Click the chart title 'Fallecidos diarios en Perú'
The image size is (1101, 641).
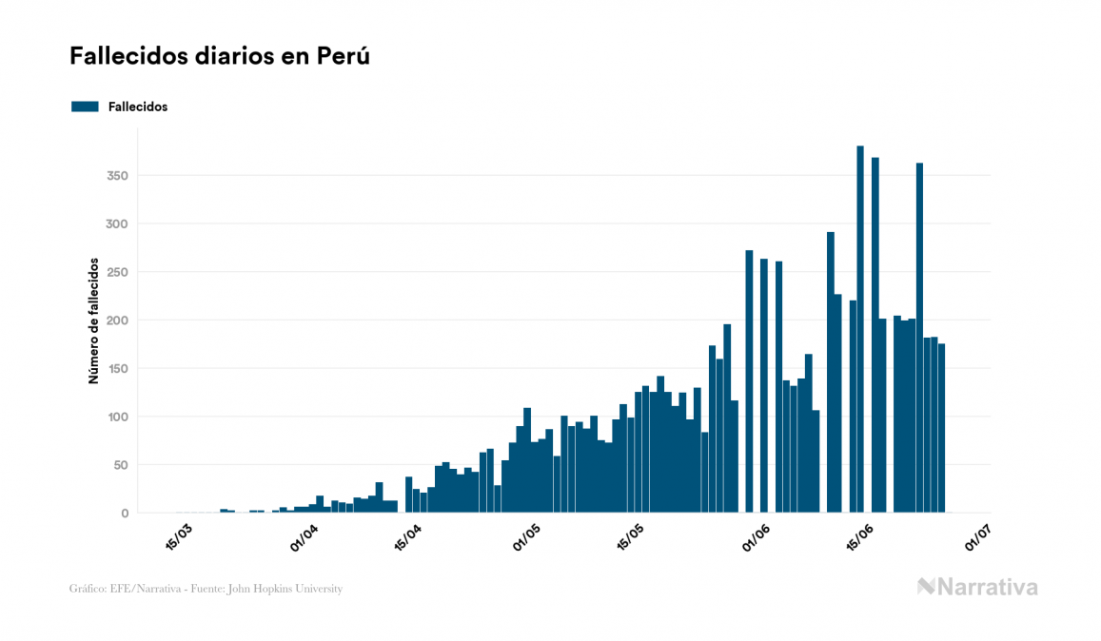click(x=220, y=56)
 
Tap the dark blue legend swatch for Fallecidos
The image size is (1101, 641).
click(x=85, y=107)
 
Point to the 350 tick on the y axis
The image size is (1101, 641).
click(x=118, y=176)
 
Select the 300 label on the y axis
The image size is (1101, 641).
click(x=118, y=224)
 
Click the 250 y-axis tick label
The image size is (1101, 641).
click(x=118, y=272)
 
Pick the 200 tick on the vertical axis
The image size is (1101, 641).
click(x=118, y=320)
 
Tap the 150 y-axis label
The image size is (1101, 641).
click(x=118, y=369)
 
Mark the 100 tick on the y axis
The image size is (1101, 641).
click(x=118, y=417)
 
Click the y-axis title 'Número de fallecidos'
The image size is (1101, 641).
click(x=93, y=320)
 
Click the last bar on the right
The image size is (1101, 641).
click(x=941, y=428)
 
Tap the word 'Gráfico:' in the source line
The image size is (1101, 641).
click(x=88, y=589)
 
